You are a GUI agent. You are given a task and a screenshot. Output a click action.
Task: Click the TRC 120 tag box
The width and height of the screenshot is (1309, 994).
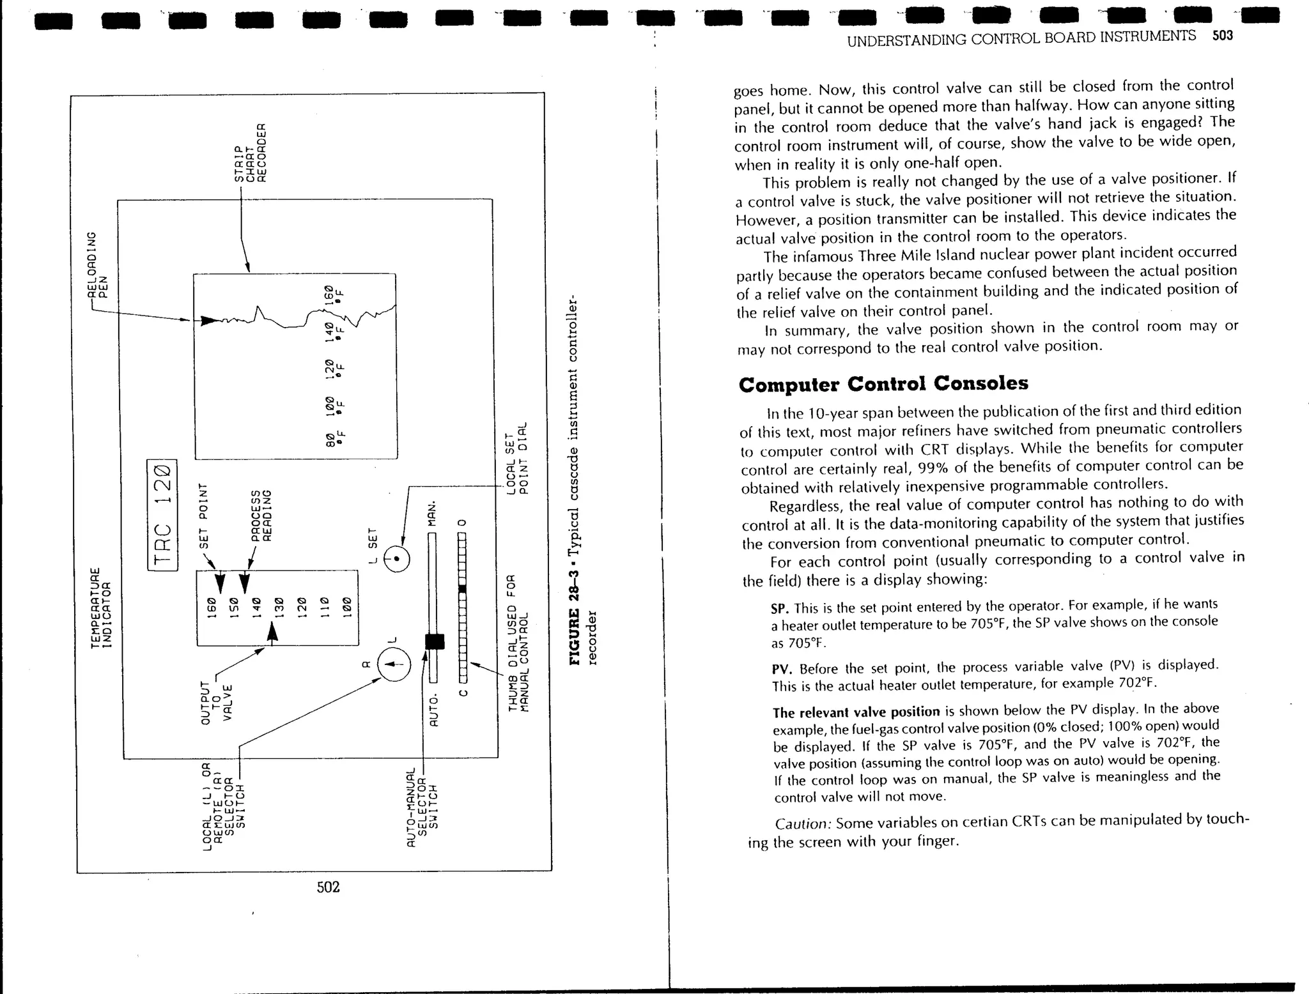coord(162,515)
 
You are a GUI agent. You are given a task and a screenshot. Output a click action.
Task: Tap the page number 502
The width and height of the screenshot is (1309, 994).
coord(328,887)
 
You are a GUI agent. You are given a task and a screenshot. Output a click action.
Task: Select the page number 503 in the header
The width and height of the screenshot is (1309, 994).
coord(1222,35)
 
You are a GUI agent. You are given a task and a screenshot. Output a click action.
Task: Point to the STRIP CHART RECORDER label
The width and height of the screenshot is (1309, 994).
coord(249,153)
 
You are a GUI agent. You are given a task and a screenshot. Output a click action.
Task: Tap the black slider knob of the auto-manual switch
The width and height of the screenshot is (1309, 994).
coord(435,641)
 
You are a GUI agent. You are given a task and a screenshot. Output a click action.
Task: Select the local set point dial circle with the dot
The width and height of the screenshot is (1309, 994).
coord(397,559)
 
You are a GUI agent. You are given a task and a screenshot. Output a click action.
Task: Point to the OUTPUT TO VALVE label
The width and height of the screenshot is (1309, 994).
coord(216,702)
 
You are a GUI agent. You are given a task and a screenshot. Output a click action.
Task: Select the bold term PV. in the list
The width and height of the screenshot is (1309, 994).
coord(782,669)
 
